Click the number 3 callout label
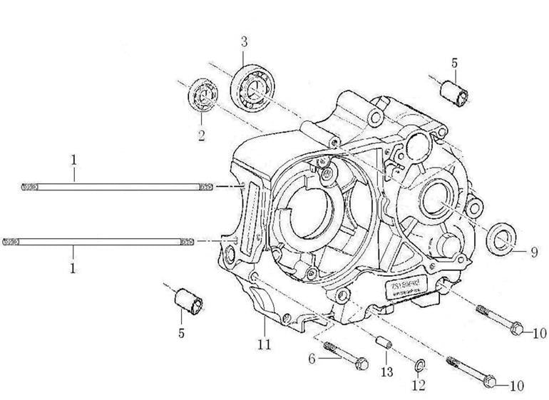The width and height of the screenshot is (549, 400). (244, 41)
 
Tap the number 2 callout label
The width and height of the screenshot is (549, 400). (202, 134)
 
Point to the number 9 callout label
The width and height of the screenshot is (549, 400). (533, 251)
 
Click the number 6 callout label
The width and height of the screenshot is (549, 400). (312, 359)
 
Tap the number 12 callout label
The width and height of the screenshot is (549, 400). (419, 386)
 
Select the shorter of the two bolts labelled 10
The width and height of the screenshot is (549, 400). (499, 319)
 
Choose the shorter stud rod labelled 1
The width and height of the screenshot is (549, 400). (116, 187)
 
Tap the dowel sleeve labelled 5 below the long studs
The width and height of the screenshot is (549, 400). (188, 300)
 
